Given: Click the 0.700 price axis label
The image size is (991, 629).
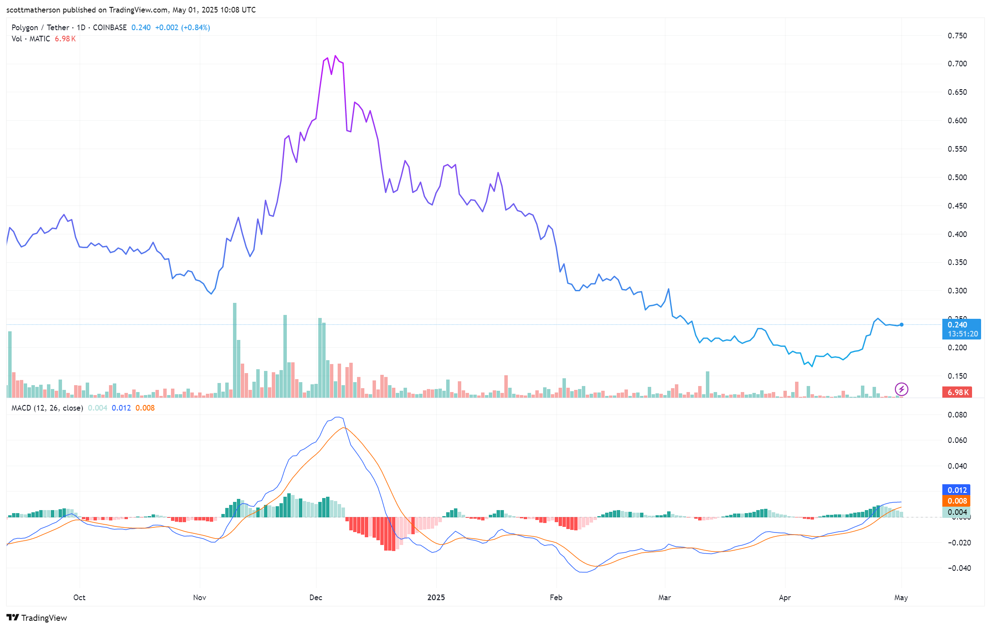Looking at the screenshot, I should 957,64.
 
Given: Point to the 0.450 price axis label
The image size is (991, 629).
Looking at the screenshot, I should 957,206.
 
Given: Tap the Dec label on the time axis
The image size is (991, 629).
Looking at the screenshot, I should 316,598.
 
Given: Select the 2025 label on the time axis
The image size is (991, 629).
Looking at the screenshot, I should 436,598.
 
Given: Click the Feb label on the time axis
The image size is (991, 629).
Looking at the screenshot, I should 556,598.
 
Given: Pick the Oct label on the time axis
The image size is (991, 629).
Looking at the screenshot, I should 79,598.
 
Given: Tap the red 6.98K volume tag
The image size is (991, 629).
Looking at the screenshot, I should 957,392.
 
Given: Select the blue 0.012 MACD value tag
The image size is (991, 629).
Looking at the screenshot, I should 957,490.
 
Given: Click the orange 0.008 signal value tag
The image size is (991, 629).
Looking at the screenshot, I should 957,501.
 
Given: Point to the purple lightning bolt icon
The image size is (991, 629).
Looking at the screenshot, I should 901,389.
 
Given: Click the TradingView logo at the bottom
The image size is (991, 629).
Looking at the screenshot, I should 37,618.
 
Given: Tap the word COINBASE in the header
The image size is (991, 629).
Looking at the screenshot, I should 110,28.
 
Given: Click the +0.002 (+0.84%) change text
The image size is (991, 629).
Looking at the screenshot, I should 183,28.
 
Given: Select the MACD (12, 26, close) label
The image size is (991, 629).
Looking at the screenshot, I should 47,408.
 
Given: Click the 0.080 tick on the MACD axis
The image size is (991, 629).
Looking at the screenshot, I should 957,415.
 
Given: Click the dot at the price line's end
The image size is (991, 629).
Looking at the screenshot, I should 901,325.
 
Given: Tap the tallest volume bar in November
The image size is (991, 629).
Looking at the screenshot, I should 235,349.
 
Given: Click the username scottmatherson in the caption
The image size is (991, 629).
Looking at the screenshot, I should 33,10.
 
